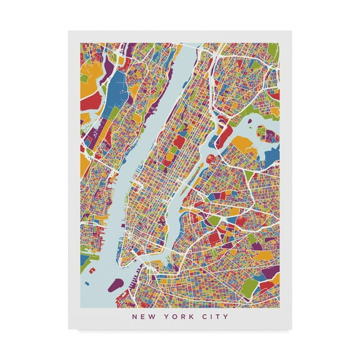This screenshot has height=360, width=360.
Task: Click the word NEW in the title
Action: point(141,299)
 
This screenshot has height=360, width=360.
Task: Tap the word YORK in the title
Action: point(174,299)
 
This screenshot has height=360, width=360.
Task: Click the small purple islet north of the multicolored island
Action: point(260,117)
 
